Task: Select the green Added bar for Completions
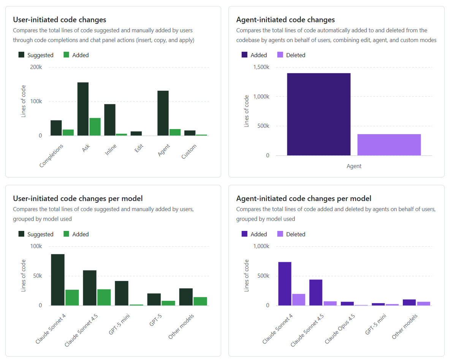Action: [x=68, y=133]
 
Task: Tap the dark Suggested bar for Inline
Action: [x=110, y=120]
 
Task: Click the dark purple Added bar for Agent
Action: [x=318, y=114]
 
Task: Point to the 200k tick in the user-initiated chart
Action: [x=36, y=67]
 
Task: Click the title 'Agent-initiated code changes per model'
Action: [x=304, y=198]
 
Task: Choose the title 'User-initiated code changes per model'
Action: [x=78, y=198]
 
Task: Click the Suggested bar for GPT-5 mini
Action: [x=122, y=293]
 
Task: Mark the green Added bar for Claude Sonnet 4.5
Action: [x=104, y=297]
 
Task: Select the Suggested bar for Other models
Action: [x=186, y=297]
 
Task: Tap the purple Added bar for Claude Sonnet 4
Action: [x=285, y=284]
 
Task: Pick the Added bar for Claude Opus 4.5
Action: [x=347, y=303]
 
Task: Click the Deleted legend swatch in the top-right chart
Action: [x=280, y=55]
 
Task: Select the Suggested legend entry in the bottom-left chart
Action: [x=36, y=234]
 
